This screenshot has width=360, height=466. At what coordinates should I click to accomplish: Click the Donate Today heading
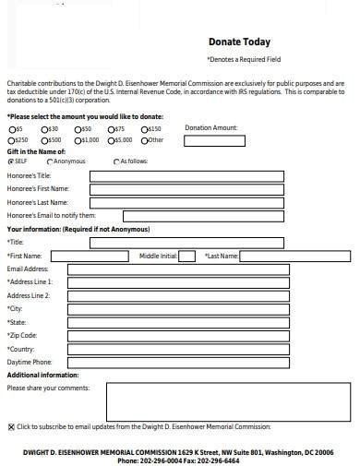239,41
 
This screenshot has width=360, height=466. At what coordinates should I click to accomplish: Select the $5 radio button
10,129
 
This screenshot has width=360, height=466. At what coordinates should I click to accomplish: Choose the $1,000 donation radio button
78,139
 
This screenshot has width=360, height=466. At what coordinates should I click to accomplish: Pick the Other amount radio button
143,139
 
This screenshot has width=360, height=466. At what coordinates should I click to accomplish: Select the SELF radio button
10,161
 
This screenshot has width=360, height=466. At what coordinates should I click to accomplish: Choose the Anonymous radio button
50,161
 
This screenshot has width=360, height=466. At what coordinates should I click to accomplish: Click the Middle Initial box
186,255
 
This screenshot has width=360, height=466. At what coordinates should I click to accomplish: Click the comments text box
229,401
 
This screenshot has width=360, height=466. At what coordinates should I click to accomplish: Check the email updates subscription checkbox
11,427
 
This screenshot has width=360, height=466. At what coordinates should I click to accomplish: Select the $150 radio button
143,129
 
